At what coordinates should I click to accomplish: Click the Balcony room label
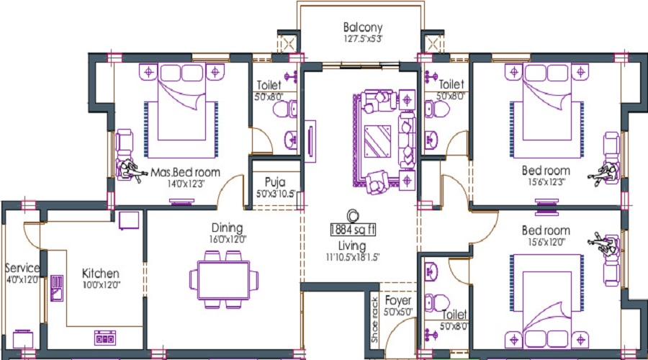pos(362,28)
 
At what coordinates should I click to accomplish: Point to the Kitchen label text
pos(100,274)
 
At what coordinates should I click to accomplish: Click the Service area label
pos(22,269)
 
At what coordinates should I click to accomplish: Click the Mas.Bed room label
pos(185,173)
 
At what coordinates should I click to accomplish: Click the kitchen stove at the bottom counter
pos(105,337)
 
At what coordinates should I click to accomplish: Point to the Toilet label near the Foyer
pos(455,315)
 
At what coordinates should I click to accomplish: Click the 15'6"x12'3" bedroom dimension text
pos(546,182)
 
